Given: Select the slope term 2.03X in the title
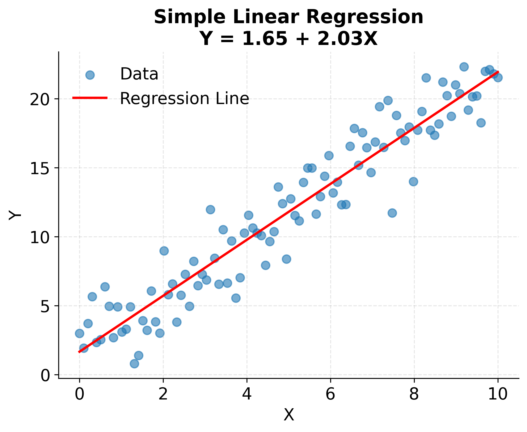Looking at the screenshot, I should pyautogui.click(x=347, y=39).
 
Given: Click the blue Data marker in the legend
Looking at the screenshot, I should pyautogui.click(x=90, y=75).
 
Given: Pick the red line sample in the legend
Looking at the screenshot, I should pyautogui.click(x=90, y=98).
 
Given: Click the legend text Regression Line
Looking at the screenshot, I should pyautogui.click(x=184, y=99).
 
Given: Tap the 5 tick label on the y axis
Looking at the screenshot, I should pyautogui.click(x=45, y=306).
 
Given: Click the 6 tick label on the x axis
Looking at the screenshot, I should pyautogui.click(x=330, y=394).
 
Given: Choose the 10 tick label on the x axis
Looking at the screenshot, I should pyautogui.click(x=498, y=394).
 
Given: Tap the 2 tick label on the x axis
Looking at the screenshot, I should pyautogui.click(x=163, y=394).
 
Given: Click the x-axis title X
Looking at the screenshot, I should pyautogui.click(x=289, y=415).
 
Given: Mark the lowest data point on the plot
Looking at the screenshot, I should pyautogui.click(x=134, y=364).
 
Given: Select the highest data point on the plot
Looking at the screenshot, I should pyautogui.click(x=464, y=67).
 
